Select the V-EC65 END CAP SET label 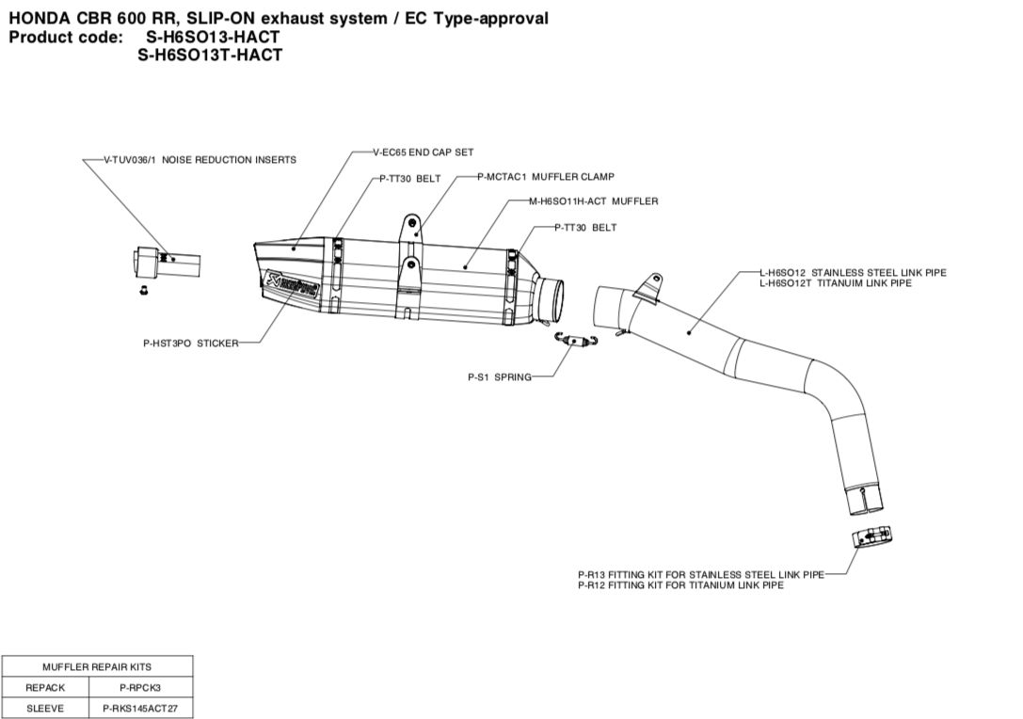[423, 152]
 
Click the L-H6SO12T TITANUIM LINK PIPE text [835, 282]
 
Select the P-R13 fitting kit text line [700, 574]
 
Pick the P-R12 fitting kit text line [680, 585]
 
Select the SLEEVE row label [45, 709]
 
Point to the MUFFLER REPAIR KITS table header [97, 666]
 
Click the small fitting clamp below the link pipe [871, 535]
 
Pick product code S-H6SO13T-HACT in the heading [210, 56]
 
